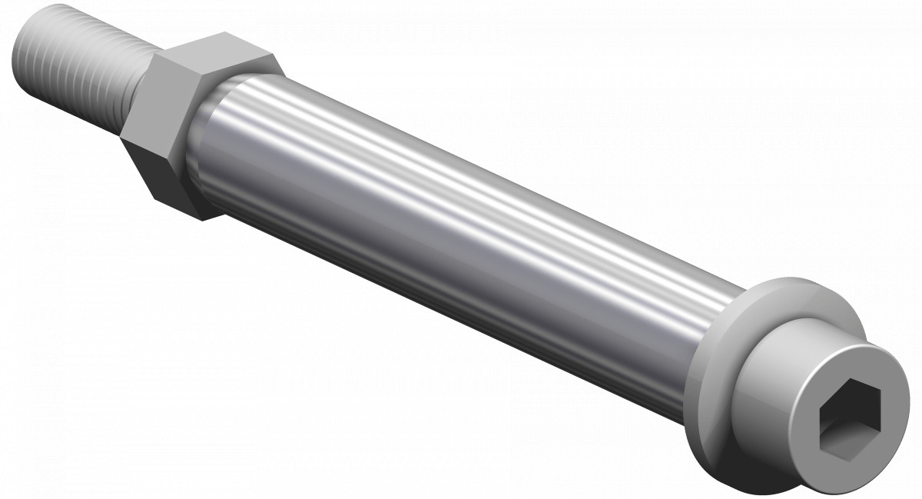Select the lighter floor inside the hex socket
[x=853, y=431]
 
